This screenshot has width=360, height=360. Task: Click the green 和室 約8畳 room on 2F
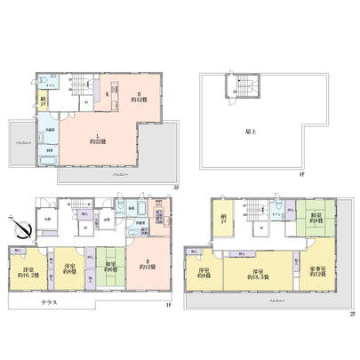coord(316,218)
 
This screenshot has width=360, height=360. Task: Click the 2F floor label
coord(352,312)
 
